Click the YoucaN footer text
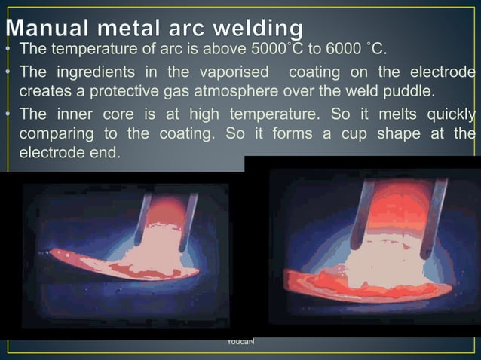(240, 343)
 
